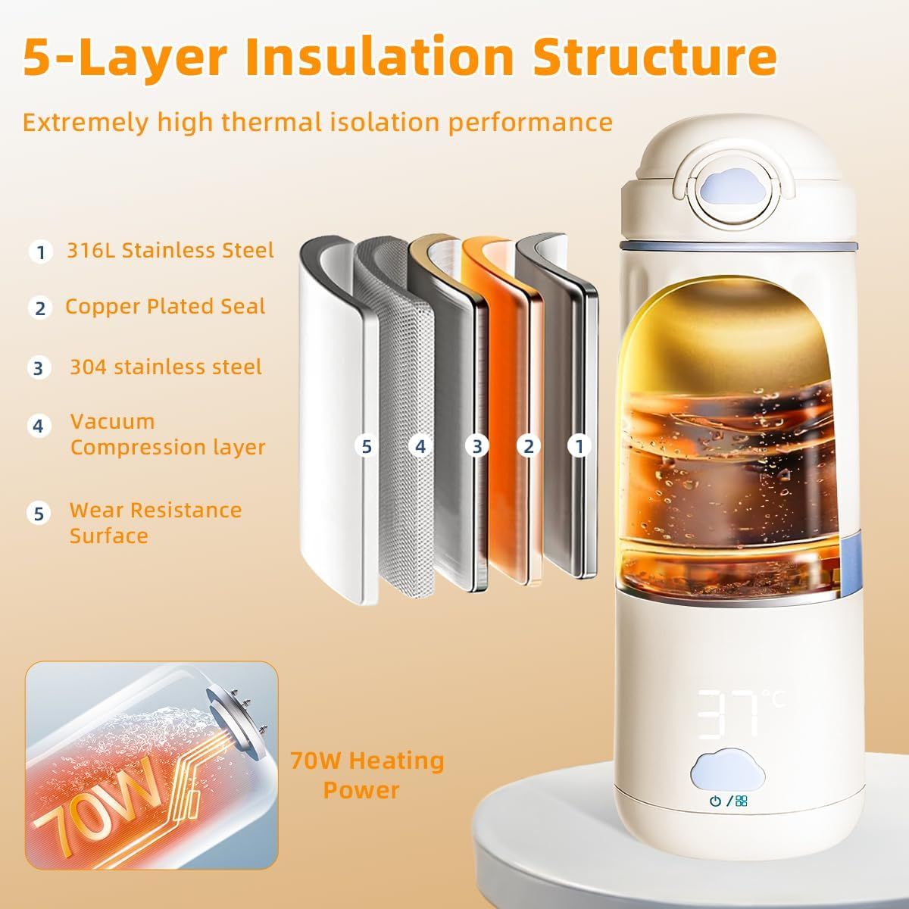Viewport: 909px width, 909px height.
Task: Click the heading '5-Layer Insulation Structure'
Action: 399,56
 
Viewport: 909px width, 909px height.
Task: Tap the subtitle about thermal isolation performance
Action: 317,122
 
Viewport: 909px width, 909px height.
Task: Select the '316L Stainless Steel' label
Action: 170,250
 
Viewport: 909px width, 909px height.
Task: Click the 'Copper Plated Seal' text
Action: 165,306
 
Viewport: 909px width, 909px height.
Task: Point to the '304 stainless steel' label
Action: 166,367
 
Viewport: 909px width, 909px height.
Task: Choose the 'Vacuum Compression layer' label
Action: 167,434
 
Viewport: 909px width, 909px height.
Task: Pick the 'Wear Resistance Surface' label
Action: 155,523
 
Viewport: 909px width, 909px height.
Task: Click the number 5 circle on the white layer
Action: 367,447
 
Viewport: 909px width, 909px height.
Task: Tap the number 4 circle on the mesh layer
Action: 421,447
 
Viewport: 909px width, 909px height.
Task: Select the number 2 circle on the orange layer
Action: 529,447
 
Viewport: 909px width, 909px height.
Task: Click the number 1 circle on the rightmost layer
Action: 579,446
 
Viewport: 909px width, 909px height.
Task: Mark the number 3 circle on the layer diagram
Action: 476,447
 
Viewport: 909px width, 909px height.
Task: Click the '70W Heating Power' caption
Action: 367,774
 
